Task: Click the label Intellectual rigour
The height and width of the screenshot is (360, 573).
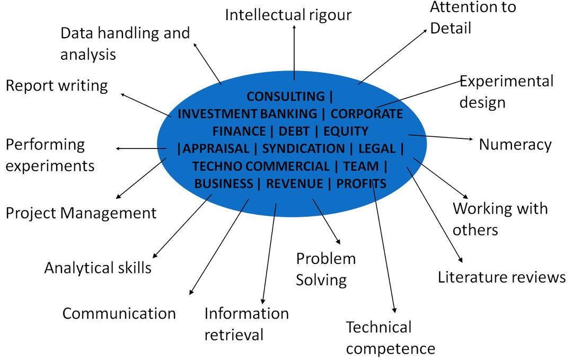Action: click(288, 15)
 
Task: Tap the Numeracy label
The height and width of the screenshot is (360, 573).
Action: click(515, 145)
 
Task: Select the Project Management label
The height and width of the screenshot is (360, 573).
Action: click(81, 213)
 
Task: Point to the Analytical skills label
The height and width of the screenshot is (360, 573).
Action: click(98, 268)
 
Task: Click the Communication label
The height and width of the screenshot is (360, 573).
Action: click(119, 313)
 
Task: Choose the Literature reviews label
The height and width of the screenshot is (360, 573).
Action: click(502, 277)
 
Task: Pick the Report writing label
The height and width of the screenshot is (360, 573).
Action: click(57, 86)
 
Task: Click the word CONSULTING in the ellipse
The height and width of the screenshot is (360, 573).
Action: click(285, 96)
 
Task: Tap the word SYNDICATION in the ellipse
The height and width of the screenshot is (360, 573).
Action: click(303, 149)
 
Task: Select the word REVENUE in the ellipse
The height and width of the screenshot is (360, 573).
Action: click(294, 183)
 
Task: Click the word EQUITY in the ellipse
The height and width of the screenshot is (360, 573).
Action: click(346, 131)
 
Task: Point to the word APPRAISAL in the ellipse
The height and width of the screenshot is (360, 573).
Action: click(216, 149)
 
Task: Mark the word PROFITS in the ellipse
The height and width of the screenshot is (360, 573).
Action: click(361, 183)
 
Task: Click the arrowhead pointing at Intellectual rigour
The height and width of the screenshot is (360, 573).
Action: click(294, 27)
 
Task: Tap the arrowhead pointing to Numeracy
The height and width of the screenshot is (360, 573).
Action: click(471, 139)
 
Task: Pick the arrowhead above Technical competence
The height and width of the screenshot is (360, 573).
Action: click(394, 310)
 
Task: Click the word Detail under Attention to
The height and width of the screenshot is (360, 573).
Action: click(451, 28)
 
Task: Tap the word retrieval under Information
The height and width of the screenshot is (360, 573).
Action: click(234, 335)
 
